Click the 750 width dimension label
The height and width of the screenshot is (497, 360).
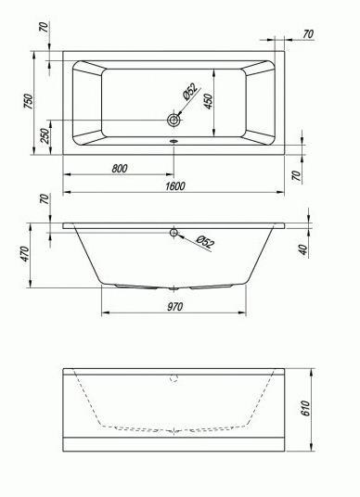coord(29,101)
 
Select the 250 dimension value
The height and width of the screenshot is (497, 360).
coord(45,136)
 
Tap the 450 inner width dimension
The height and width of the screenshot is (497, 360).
coord(209,101)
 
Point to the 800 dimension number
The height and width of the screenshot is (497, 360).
coord(120,169)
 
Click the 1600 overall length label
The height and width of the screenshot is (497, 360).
coord(174,186)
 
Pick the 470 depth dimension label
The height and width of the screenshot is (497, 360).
coord(24,253)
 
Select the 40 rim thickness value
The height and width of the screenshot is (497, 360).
coord(303,249)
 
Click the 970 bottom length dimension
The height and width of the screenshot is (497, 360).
coord(174,307)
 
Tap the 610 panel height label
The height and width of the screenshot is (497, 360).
coord(305,409)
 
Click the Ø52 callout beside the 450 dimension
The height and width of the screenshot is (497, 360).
coord(190,92)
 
